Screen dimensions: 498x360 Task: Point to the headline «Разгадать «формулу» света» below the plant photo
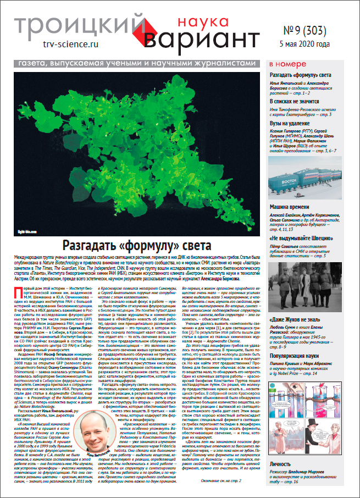(134, 246)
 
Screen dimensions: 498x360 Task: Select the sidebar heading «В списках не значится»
(300, 102)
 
